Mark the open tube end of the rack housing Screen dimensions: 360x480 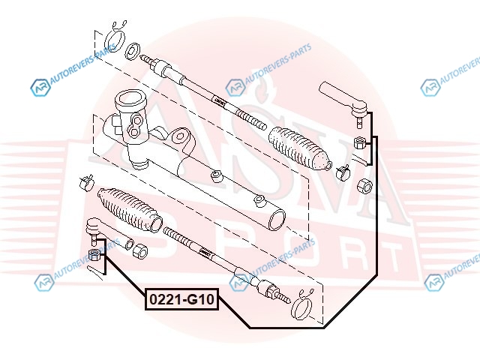(x=276, y=218)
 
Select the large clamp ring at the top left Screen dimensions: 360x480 (x=115, y=36)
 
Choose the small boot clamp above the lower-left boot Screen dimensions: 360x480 (x=85, y=181)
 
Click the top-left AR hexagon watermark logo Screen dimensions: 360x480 (x=39, y=87)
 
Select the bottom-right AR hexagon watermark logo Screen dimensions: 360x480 (x=433, y=281)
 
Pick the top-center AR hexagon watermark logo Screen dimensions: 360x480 (x=235, y=87)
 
